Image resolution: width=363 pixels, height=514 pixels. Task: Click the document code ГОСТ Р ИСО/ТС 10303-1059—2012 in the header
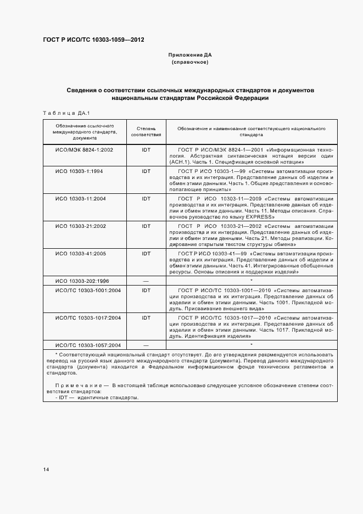pyautogui.click(x=94, y=40)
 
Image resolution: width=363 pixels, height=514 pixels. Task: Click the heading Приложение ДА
pyautogui.click(x=190, y=55)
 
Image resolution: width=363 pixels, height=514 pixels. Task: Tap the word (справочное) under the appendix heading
pyautogui.click(x=190, y=62)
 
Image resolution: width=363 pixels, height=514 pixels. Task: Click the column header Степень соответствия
pyautogui.click(x=146, y=131)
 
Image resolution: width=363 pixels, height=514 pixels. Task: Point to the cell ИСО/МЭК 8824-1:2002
pyautogui.click(x=85, y=149)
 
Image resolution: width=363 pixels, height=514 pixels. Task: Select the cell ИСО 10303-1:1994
pyautogui.click(x=79, y=171)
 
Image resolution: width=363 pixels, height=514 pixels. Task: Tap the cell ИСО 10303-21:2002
pyautogui.click(x=81, y=226)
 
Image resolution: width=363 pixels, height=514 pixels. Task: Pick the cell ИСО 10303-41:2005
pyautogui.click(x=81, y=254)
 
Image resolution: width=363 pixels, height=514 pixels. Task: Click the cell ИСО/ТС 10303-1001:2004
pyautogui.click(x=88, y=290)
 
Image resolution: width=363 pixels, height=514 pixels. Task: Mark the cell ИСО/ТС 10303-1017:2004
pyautogui.click(x=88, y=317)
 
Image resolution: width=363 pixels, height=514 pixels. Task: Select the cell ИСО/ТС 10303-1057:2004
pyautogui.click(x=88, y=345)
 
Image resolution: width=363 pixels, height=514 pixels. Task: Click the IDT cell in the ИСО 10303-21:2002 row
pyautogui.click(x=146, y=226)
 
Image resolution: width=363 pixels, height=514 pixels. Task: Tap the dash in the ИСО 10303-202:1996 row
pyautogui.click(x=146, y=281)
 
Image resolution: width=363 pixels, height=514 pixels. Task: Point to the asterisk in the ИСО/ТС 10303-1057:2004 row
pyautogui.click(x=251, y=345)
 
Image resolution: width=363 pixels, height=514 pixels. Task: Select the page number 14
pyautogui.click(x=46, y=470)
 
